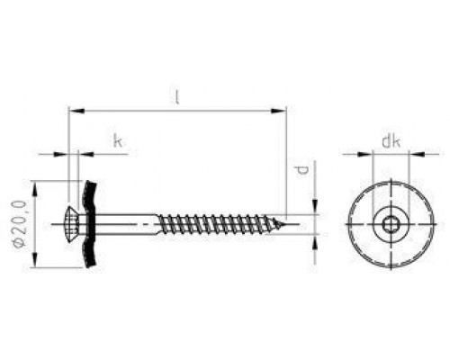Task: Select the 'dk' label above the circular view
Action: [391, 141]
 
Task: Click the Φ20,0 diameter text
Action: [20, 224]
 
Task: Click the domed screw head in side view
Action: [73, 224]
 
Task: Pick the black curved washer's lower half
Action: [90, 250]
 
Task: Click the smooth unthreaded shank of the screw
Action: [126, 224]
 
